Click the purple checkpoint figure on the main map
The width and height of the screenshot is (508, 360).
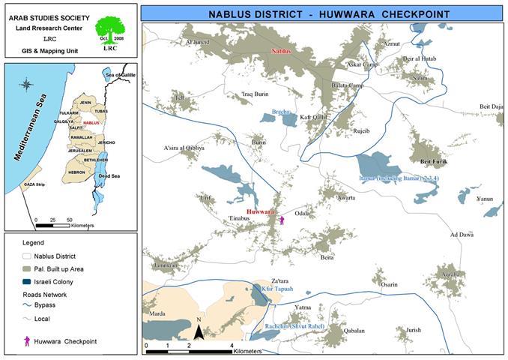282,220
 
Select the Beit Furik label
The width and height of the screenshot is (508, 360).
432,160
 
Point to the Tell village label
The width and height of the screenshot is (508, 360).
179,98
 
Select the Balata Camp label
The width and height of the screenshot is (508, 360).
347,85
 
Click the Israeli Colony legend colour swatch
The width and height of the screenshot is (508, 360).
28,282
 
